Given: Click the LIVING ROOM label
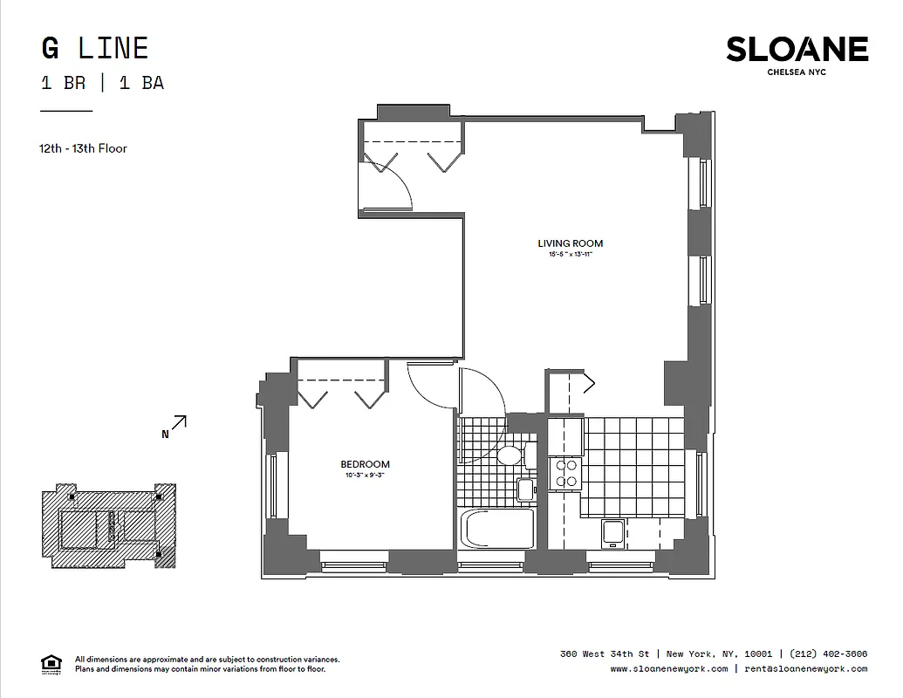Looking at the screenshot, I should tap(570, 243).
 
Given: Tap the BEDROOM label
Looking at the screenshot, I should tap(365, 464).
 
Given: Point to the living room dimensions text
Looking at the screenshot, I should tap(571, 255).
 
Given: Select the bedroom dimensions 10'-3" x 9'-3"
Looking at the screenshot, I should tap(365, 476).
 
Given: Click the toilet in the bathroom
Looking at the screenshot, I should tap(510, 455).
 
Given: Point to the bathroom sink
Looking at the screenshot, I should tap(525, 489).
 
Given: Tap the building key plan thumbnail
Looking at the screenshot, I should tap(109, 525).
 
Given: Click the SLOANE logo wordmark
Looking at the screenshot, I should tap(797, 50).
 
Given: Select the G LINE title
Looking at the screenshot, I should tap(94, 48).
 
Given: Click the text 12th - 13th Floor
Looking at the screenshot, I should tap(83, 148).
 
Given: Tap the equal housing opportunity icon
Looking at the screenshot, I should tap(51, 664).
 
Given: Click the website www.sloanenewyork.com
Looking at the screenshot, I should tap(668, 669).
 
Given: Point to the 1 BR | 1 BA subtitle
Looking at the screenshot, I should tap(102, 84).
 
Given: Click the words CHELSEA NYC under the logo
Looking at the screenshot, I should tap(796, 72).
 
